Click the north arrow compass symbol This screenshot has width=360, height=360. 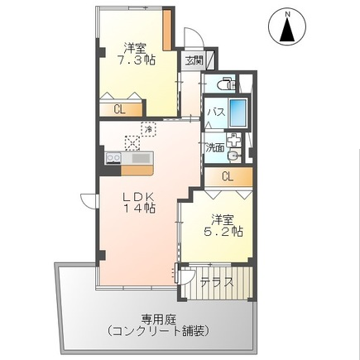[x=287, y=26]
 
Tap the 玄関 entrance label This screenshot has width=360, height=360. [x=194, y=60]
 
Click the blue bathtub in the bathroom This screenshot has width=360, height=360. [x=238, y=113]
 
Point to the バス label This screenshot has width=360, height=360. [x=217, y=113]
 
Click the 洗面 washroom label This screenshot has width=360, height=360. [x=215, y=148]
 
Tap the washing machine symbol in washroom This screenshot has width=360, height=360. [x=233, y=140]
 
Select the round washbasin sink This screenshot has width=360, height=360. [x=234, y=156]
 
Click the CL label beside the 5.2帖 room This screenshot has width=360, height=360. [x=228, y=176]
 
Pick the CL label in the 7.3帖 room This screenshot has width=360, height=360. [x=120, y=109]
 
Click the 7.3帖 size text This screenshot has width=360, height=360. [x=136, y=60]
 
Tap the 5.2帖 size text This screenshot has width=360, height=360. [x=223, y=231]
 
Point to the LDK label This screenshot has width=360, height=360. [x=137, y=196]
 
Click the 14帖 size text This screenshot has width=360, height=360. [x=139, y=208]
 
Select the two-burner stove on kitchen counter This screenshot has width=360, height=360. [x=113, y=158]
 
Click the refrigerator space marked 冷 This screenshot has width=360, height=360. [x=148, y=129]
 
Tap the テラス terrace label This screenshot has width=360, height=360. [x=217, y=282]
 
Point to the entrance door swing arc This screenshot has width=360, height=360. [x=195, y=35]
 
